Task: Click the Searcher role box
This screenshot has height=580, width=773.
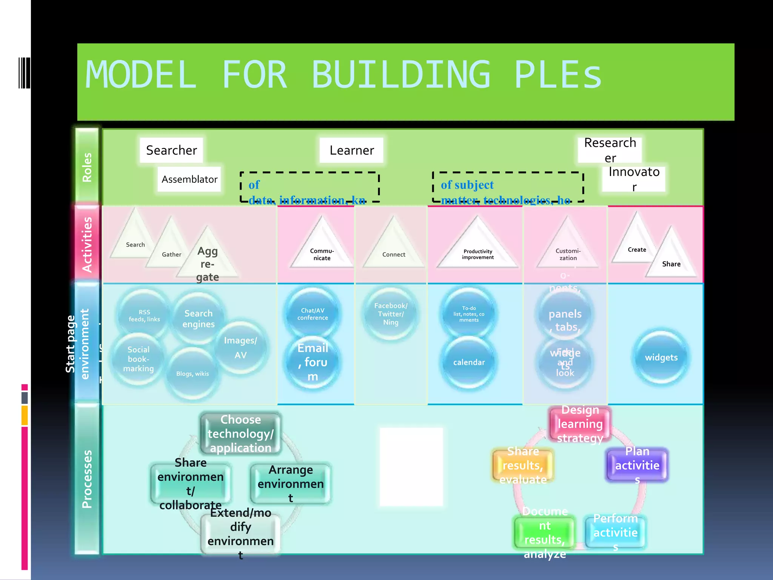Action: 171,150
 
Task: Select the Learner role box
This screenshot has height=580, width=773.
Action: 351,150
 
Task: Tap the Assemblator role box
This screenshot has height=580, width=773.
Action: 189,179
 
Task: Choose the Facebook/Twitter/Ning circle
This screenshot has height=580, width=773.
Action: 391,314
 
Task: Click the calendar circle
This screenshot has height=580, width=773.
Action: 469,362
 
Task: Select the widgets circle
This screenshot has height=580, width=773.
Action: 661,357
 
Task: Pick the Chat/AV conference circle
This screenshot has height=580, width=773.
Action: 313,314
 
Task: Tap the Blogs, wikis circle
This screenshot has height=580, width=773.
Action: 192,373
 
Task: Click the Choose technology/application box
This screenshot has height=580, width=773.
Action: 240,433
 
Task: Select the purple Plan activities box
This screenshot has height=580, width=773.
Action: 637,464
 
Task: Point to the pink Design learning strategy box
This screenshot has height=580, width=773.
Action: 580,424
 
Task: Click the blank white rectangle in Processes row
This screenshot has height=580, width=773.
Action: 411,466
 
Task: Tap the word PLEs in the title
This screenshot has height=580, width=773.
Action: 558,75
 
